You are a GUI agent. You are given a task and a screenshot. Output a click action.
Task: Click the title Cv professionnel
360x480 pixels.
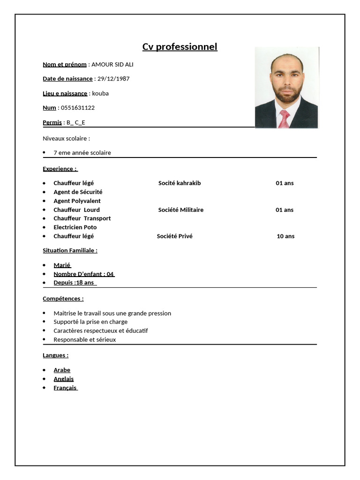click(180, 47)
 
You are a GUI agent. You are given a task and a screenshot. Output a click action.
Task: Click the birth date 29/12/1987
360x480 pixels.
click(113, 79)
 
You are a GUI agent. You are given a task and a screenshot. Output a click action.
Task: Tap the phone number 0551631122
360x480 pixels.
click(78, 108)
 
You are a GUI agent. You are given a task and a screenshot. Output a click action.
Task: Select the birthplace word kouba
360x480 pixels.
click(100, 93)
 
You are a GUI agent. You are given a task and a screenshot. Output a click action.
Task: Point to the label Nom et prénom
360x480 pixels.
click(65, 64)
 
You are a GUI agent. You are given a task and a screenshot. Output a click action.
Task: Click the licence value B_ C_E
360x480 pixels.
click(76, 122)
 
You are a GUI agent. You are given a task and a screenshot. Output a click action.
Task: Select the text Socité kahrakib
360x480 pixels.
click(180, 183)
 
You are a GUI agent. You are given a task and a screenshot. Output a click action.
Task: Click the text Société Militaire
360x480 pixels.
click(181, 210)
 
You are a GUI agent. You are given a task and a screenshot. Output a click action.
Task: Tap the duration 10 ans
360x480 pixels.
click(285, 236)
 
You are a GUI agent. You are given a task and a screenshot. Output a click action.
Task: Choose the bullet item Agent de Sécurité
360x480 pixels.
click(78, 192)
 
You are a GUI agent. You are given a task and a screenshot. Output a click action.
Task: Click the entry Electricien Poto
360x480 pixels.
click(75, 227)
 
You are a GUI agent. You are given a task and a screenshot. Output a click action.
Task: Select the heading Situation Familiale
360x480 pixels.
click(70, 250)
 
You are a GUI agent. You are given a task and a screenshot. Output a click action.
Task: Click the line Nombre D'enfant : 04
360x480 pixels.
click(83, 274)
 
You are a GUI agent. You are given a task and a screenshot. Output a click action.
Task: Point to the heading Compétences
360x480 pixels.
click(63, 299)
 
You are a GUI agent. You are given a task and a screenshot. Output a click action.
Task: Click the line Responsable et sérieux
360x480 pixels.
click(84, 339)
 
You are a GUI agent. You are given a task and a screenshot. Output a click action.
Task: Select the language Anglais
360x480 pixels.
click(63, 379)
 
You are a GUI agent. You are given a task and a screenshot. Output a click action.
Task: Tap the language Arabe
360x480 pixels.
click(62, 370)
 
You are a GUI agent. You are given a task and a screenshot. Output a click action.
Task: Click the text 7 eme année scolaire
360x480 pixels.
click(82, 153)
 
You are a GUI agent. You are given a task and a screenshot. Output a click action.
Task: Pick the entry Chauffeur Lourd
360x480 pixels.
click(76, 210)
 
